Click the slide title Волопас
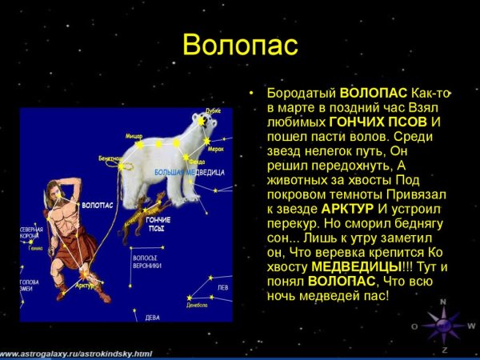point(240,44)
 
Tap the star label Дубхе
point(212,111)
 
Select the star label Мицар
point(134,137)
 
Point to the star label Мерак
point(215,149)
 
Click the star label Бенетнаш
point(111,158)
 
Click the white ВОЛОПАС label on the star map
point(96,206)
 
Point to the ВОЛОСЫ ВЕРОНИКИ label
point(146,262)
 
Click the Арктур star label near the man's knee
point(85,285)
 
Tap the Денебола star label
point(197,305)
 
